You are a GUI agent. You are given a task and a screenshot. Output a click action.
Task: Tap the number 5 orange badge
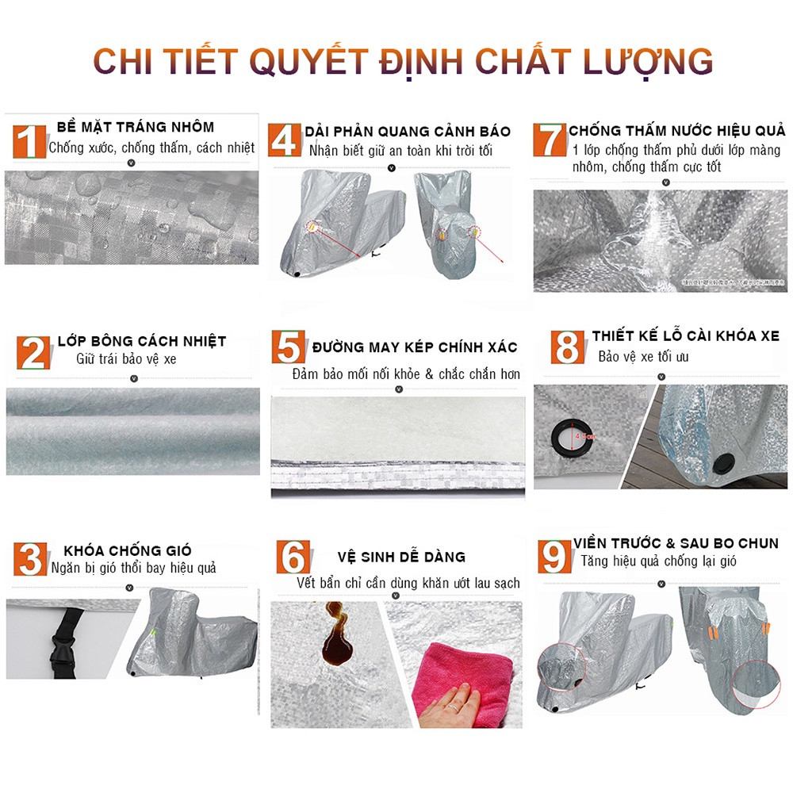click(x=289, y=347)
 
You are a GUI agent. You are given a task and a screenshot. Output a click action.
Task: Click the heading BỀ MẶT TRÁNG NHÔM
click(x=136, y=127)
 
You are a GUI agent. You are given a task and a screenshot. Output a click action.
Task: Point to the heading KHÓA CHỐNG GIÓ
click(x=128, y=550)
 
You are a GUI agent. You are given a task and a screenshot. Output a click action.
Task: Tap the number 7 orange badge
click(x=549, y=140)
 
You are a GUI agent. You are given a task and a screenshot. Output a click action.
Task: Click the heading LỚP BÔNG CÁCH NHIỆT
click(x=142, y=342)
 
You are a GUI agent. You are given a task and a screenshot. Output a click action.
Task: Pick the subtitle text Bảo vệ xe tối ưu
click(x=643, y=357)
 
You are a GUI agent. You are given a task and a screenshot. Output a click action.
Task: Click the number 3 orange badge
click(x=30, y=557)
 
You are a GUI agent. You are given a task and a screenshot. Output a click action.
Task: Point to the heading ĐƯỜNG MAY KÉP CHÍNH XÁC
click(x=414, y=347)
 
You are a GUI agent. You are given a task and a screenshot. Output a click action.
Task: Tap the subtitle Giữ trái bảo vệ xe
click(x=126, y=359)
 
